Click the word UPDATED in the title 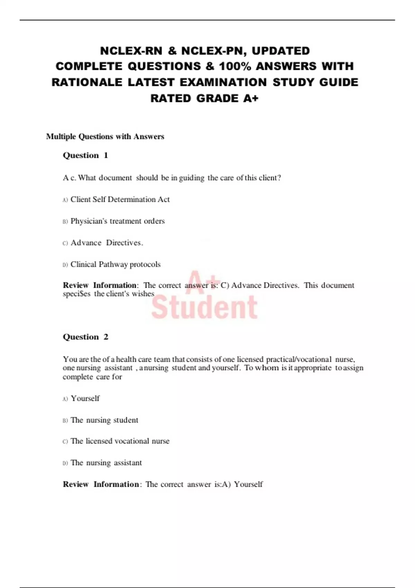280,51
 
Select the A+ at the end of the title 251,99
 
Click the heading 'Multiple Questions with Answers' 105,137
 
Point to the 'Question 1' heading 85,155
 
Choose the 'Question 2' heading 85,337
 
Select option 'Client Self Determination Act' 120,200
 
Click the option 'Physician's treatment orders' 118,221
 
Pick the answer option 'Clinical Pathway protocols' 116,265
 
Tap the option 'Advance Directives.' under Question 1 107,243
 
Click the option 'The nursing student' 104,420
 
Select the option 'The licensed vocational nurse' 120,441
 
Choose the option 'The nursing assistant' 106,463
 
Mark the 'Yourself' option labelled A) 85,398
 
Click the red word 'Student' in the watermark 204,307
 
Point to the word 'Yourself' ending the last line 248,484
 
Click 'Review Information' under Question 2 101,484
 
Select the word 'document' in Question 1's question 115,178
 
